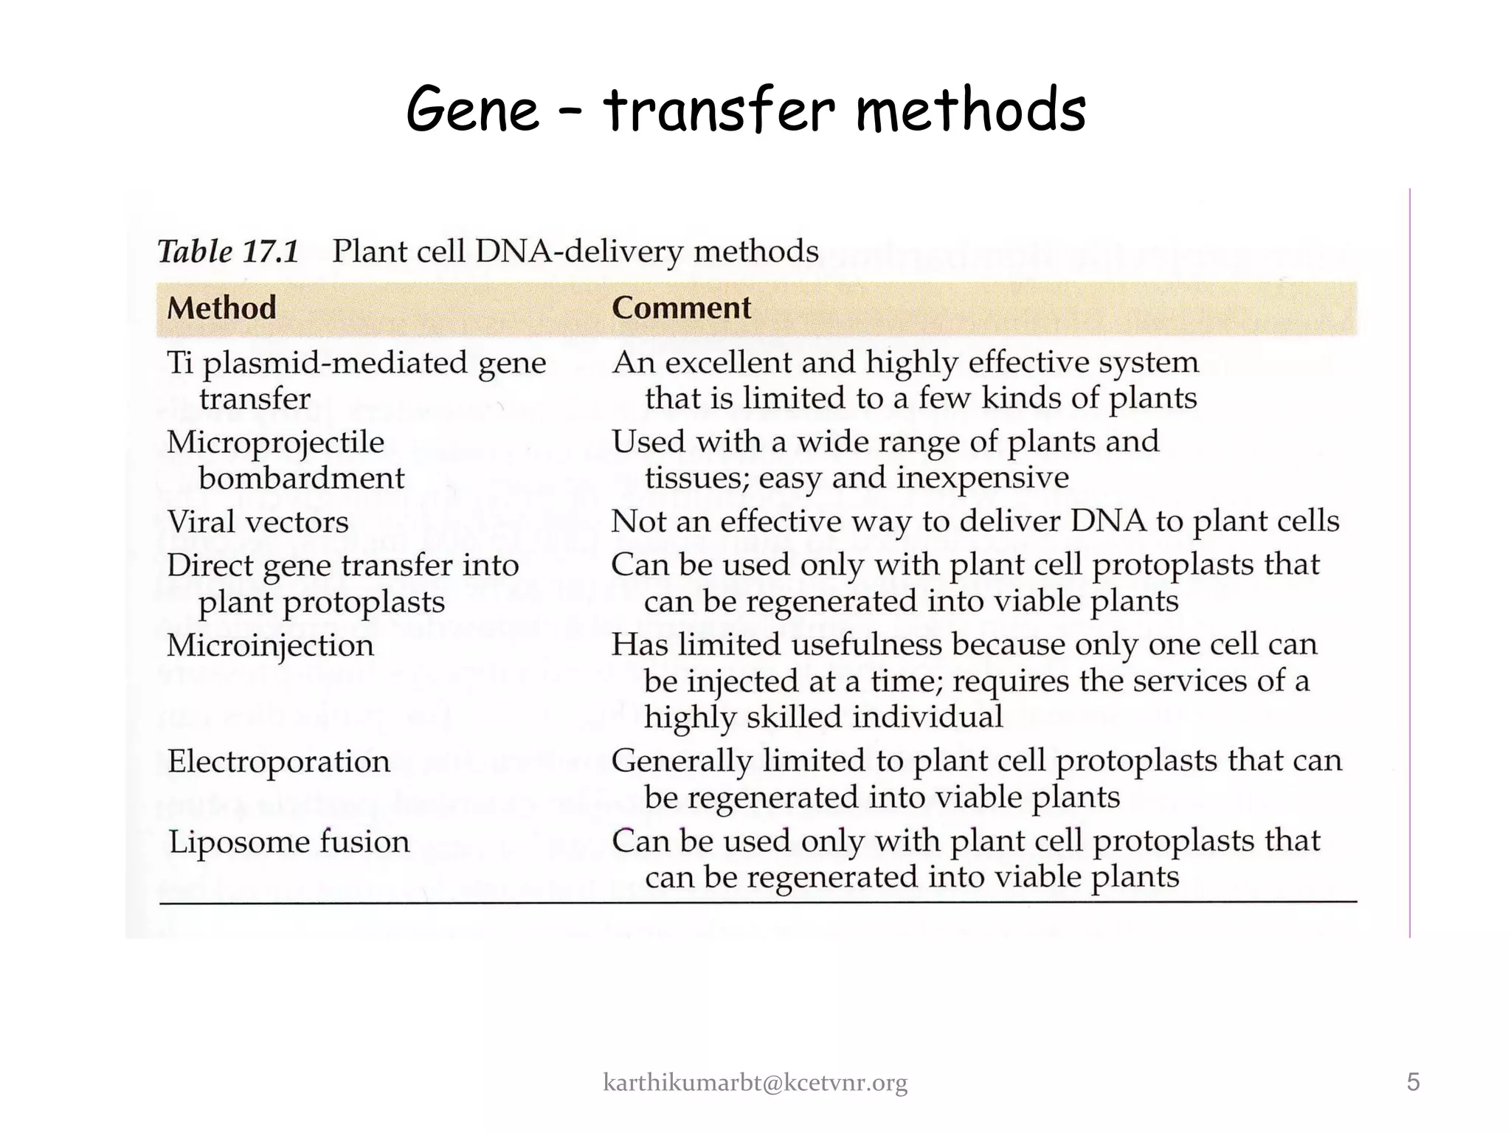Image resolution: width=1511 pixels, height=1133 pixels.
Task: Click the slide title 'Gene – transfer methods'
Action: click(745, 109)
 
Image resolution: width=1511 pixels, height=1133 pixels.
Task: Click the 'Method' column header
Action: click(221, 308)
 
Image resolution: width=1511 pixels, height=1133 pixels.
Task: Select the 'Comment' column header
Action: click(681, 308)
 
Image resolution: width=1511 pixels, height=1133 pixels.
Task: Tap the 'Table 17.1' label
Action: click(228, 252)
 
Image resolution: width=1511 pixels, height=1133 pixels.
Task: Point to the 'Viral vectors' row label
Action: click(257, 522)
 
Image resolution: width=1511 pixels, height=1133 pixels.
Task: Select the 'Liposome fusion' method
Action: click(288, 842)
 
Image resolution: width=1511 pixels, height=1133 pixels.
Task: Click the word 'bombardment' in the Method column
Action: click(301, 479)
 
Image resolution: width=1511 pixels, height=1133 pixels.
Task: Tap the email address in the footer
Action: click(755, 1083)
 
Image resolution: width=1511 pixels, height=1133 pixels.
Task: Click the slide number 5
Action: click(1413, 1082)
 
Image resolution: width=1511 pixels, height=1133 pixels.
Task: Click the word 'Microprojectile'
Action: click(275, 443)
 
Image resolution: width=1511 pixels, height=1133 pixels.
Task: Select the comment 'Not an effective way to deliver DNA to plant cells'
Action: click(975, 522)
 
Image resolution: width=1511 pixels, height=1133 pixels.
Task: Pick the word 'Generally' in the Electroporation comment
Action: click(681, 761)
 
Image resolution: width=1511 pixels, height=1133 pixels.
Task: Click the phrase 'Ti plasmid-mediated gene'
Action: click(356, 363)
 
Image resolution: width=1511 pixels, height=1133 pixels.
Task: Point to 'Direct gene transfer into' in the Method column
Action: click(343, 566)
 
